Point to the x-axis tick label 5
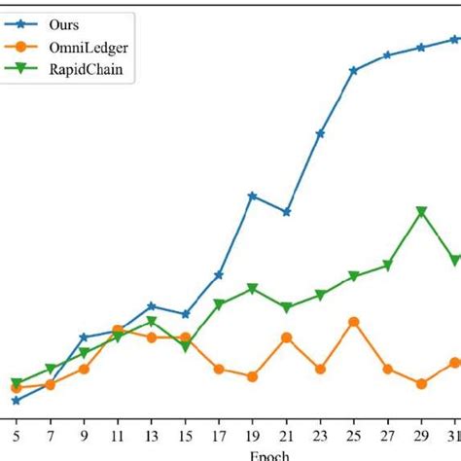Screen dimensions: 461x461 point(16,437)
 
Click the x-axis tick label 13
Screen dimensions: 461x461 point(151,437)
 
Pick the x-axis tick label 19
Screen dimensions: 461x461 point(252,437)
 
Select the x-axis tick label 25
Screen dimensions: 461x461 point(354,437)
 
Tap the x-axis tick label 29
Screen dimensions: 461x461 point(421,437)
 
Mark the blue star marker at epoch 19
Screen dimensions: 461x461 point(252,195)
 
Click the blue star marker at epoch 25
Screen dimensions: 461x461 point(354,70)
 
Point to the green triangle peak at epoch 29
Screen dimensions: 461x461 point(421,211)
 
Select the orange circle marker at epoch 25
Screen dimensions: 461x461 point(354,322)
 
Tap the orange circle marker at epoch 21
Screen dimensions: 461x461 point(286,337)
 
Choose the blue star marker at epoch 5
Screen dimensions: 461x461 point(16,400)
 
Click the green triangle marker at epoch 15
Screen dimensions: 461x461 point(185,346)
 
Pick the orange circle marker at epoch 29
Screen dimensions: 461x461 point(421,384)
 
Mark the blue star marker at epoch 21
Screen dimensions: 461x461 point(286,212)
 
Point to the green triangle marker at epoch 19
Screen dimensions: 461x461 point(252,289)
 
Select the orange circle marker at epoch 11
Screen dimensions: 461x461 point(118,331)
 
